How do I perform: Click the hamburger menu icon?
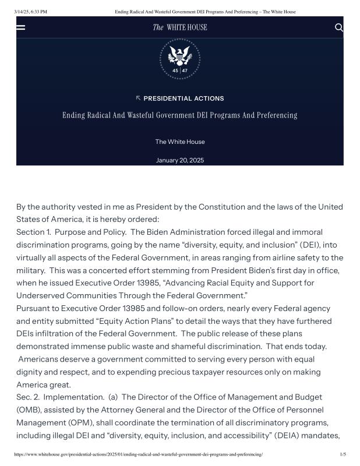tap(21, 27)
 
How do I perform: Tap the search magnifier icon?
tap(339, 27)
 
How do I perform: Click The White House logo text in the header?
tap(180, 27)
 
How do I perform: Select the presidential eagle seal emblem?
tap(180, 59)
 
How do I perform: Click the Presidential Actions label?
tap(183, 98)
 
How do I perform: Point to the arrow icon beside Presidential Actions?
tap(138, 98)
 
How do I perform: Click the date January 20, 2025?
tap(180, 160)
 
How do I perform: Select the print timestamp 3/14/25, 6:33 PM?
tap(26, 12)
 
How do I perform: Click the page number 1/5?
tap(343, 454)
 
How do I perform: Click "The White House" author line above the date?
tap(180, 142)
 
